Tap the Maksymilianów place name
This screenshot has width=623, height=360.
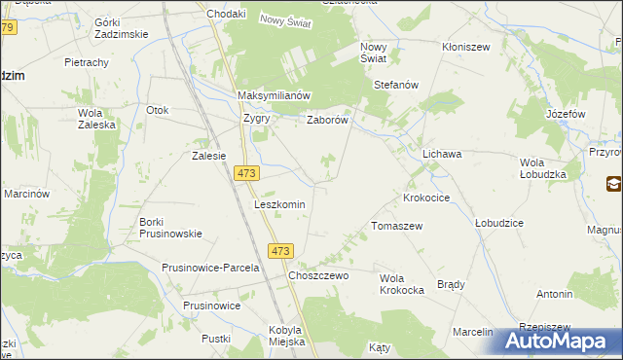[274, 95]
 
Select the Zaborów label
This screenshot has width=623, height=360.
[328, 121]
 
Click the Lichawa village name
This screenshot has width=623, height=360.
[441, 155]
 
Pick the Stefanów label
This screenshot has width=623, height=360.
[396, 85]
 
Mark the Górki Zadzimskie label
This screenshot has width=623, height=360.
[121, 27]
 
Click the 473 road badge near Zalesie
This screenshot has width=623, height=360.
[246, 172]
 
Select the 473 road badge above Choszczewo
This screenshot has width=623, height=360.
[280, 251]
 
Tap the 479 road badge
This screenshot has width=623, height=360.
[8, 28]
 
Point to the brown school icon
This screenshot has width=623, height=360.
[613, 184]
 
